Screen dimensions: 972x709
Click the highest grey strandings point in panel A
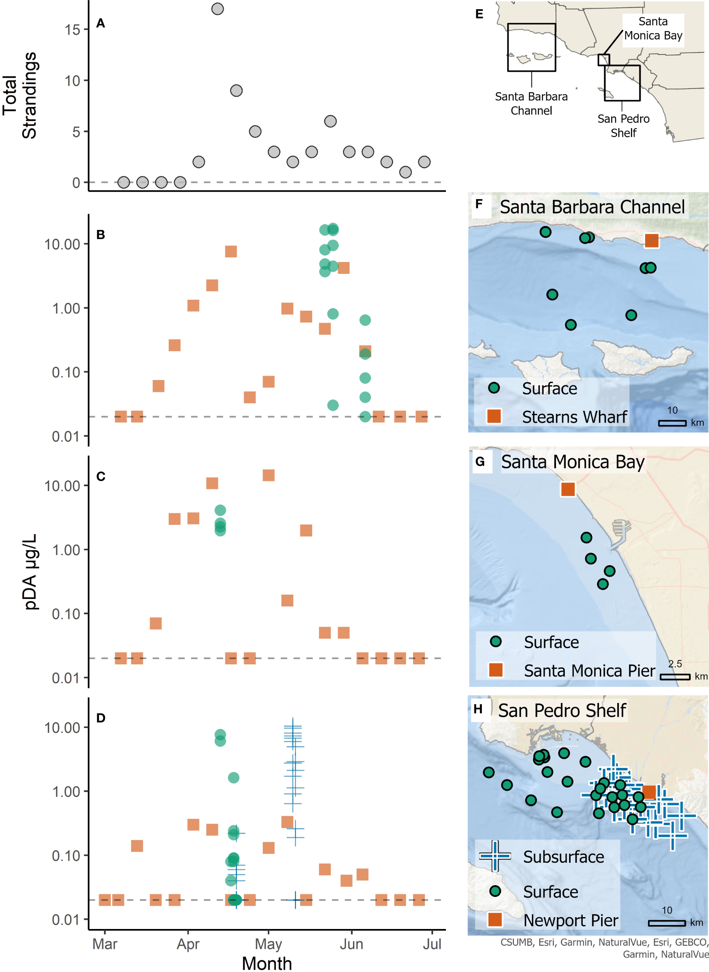click(x=217, y=9)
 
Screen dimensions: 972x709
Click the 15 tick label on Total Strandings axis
click(x=73, y=30)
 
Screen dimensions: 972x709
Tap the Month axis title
click(x=267, y=963)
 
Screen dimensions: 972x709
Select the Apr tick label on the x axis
click(x=188, y=943)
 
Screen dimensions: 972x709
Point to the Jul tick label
click(x=432, y=943)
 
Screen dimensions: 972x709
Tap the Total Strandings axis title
click(x=20, y=96)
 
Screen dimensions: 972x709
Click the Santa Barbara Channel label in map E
click(x=531, y=104)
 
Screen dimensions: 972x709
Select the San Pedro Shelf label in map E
click(x=623, y=126)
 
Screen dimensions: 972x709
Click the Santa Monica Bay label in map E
click(x=653, y=29)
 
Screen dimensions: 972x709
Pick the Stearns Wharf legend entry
click(x=574, y=417)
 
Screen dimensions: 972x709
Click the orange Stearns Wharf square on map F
click(x=651, y=240)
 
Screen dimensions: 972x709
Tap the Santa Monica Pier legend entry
click(x=589, y=671)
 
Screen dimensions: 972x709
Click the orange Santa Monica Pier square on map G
click(x=568, y=489)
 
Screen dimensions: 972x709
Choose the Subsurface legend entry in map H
click(x=563, y=857)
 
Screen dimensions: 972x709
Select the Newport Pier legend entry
click(x=570, y=920)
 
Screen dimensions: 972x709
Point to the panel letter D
click(x=101, y=718)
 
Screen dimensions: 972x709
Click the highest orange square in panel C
click(x=268, y=475)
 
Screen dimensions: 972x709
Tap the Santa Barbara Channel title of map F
click(x=592, y=207)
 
